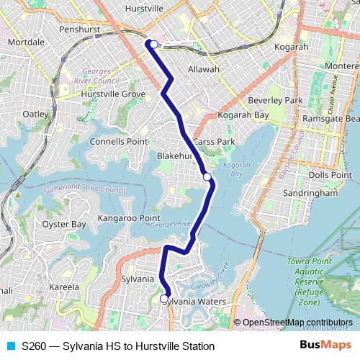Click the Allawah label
[x=203, y=69]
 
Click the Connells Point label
[x=118, y=141]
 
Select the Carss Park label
[x=215, y=142]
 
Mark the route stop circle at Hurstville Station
[x=153, y=44]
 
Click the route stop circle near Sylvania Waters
[x=164, y=298]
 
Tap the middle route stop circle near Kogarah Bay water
[x=207, y=176]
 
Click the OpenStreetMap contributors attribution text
[x=297, y=322]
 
